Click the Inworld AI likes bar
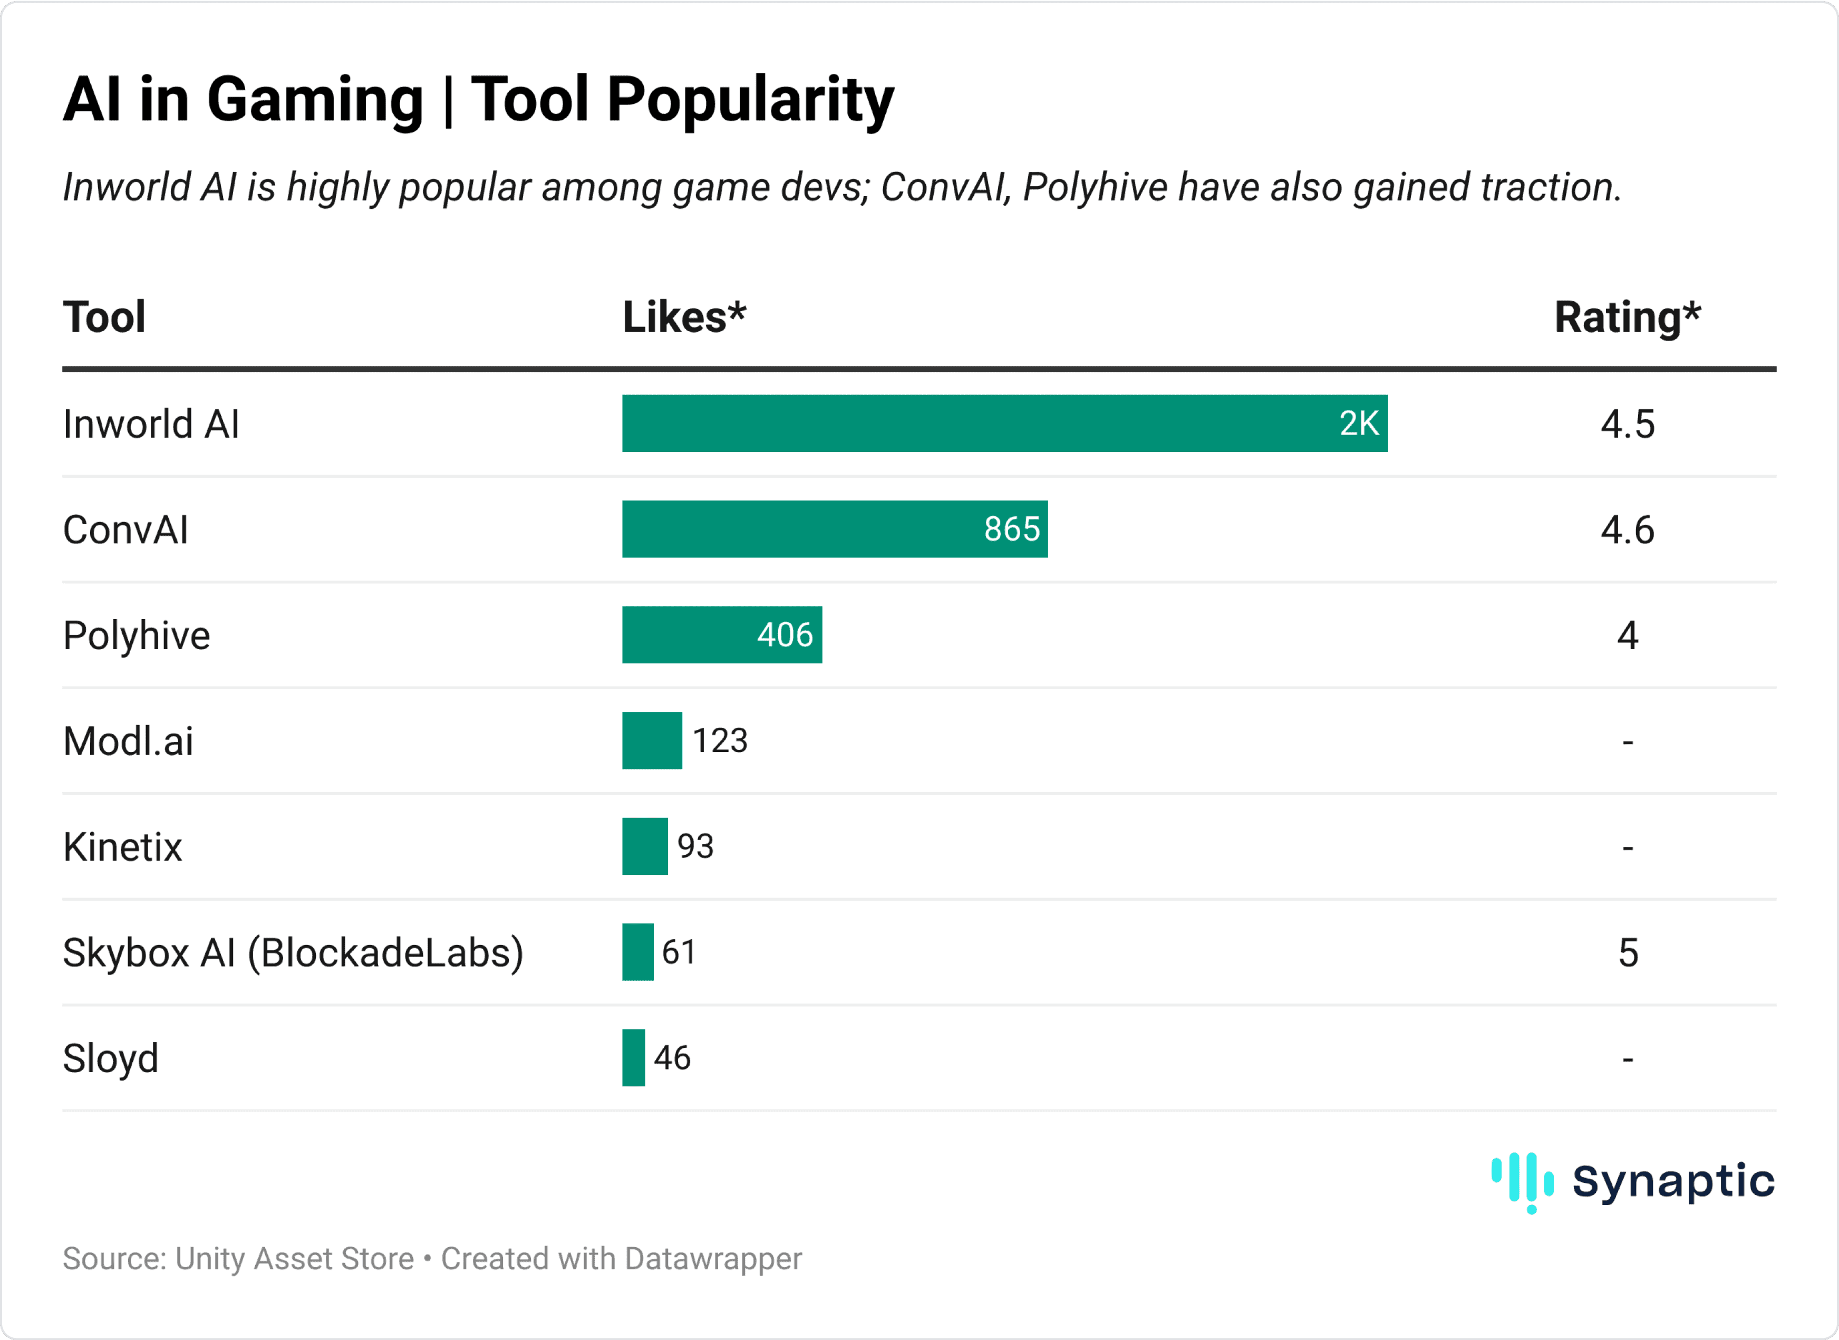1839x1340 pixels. coord(1004,423)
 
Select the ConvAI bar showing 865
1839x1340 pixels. coord(835,529)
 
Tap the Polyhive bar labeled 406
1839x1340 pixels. coord(722,634)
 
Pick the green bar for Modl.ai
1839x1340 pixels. coord(652,740)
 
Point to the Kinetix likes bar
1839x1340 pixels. coord(645,846)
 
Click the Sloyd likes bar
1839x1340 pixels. coord(633,1058)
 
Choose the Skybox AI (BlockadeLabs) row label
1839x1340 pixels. coord(293,952)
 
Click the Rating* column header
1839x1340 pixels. coord(1627,316)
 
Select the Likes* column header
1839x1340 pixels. coord(683,316)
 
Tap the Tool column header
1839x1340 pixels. coord(104,316)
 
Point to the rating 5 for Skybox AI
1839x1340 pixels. coord(1628,952)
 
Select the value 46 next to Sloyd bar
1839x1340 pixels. coord(672,1058)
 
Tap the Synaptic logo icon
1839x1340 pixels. coord(1522,1181)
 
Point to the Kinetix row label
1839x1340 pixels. coord(122,847)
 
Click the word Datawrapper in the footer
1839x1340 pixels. coord(713,1259)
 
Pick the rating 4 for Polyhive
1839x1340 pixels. coord(1628,635)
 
